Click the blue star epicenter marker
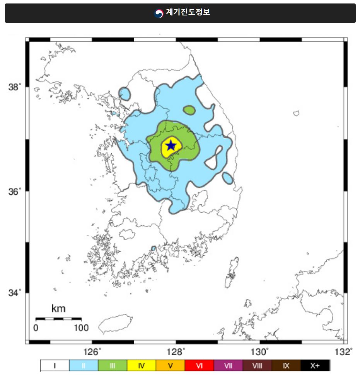[171, 146]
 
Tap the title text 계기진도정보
[188, 12]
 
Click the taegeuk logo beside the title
[159, 14]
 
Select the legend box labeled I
[55, 365]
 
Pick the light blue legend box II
[84, 365]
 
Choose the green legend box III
[113, 365]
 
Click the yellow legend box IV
[142, 365]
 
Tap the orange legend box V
[171, 365]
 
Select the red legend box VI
[200, 365]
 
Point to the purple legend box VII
[229, 365]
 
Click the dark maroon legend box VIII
[257, 365]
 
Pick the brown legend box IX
[286, 365]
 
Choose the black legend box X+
[315, 365]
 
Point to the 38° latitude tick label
[15, 87]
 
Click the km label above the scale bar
[58, 309]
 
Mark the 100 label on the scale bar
[81, 328]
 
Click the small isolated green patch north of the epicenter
[189, 110]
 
